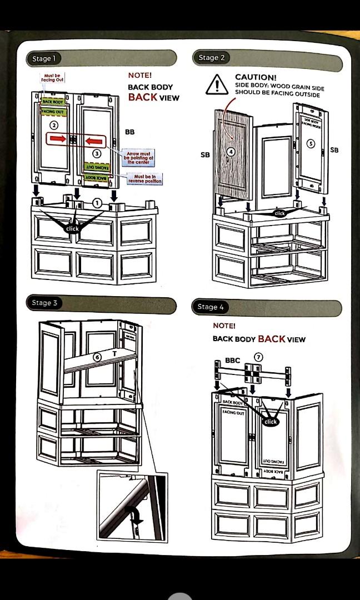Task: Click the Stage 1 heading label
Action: point(43,58)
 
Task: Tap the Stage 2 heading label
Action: point(212,57)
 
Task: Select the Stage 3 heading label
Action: point(44,303)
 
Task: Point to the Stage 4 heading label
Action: point(211,307)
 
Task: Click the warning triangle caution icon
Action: point(216,85)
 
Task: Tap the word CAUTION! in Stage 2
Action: point(256,77)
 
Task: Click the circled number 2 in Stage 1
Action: point(54,125)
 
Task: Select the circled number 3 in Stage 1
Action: point(96,153)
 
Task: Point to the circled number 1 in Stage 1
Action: point(97,203)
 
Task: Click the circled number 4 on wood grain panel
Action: point(232,151)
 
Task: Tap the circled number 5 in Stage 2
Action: point(311,143)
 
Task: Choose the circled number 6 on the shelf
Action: point(97,357)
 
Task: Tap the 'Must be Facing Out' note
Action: point(52,78)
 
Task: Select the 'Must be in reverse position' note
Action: point(145,179)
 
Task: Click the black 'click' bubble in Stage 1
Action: point(72,228)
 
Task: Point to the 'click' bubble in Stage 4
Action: point(271,422)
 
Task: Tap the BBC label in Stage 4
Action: point(232,361)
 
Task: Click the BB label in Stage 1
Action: point(129,132)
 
